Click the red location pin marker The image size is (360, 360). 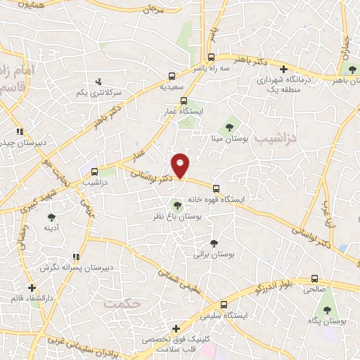pyautogui.click(x=181, y=165)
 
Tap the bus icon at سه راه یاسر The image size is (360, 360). pyautogui.click(x=212, y=58)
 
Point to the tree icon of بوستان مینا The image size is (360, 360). pyautogui.click(x=229, y=127)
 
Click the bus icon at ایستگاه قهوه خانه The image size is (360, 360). pyautogui.click(x=216, y=188)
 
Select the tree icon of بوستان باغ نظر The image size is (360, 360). pyautogui.click(x=176, y=206)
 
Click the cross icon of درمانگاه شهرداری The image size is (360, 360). pyautogui.click(x=283, y=69)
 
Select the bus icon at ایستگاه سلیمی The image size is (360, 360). pyautogui.click(x=224, y=305)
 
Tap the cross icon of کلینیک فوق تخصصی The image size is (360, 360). pyautogui.click(x=176, y=329)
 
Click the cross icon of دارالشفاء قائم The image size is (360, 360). pyautogui.click(x=32, y=288)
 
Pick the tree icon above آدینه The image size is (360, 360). pyautogui.click(x=51, y=217)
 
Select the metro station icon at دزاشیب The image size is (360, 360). pyautogui.click(x=94, y=171)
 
